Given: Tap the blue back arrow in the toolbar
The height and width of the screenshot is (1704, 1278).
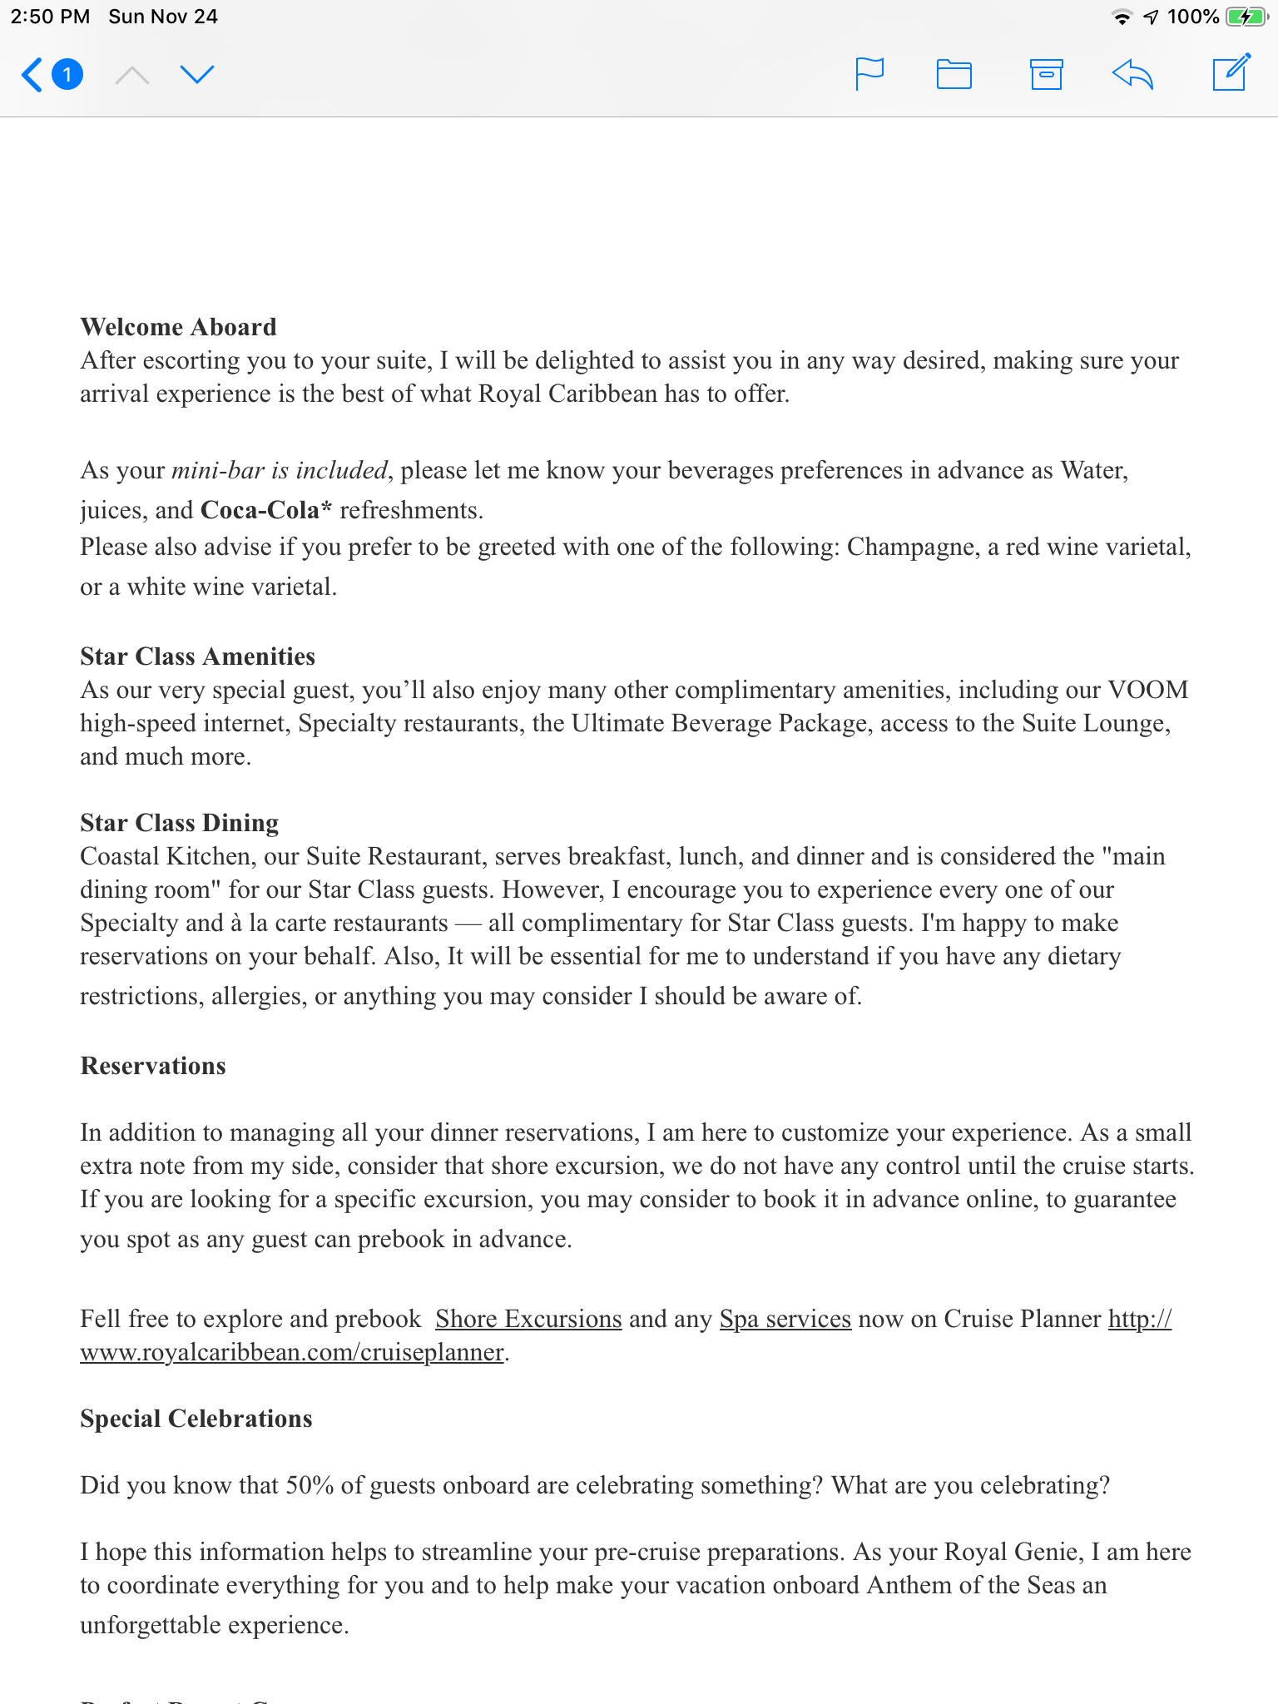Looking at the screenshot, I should click(x=32, y=75).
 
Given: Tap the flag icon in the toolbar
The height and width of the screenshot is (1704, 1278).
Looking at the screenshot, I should click(x=869, y=74).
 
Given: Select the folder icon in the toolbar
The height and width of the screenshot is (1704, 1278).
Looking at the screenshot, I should click(x=954, y=74).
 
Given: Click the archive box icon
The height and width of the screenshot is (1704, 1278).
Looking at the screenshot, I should click(x=1046, y=74).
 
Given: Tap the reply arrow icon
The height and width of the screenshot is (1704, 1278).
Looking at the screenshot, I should click(x=1133, y=74).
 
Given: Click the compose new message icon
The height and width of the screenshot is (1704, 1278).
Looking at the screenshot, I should click(x=1231, y=72).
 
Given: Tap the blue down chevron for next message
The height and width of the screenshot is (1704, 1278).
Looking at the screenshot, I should click(x=197, y=75).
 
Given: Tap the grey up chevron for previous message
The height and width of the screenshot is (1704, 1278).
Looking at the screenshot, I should click(x=132, y=76).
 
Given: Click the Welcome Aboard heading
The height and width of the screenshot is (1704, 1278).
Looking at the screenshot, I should click(x=178, y=327).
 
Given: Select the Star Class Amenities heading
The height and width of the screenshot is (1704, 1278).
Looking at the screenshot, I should click(x=197, y=656).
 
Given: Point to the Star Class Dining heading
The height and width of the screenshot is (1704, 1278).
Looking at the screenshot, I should click(x=179, y=823).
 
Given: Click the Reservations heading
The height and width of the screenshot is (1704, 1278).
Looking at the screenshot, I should click(x=153, y=1066).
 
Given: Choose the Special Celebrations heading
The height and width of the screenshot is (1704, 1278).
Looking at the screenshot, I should click(x=196, y=1419).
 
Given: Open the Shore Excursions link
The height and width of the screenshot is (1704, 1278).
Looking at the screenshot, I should click(x=528, y=1319).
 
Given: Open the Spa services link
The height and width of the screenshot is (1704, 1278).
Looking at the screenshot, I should click(x=785, y=1319).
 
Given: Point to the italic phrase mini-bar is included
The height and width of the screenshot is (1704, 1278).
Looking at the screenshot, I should click(x=280, y=470).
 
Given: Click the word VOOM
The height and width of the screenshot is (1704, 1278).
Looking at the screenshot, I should click(x=1148, y=690).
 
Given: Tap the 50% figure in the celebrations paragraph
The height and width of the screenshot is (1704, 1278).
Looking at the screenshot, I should click(x=310, y=1485).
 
